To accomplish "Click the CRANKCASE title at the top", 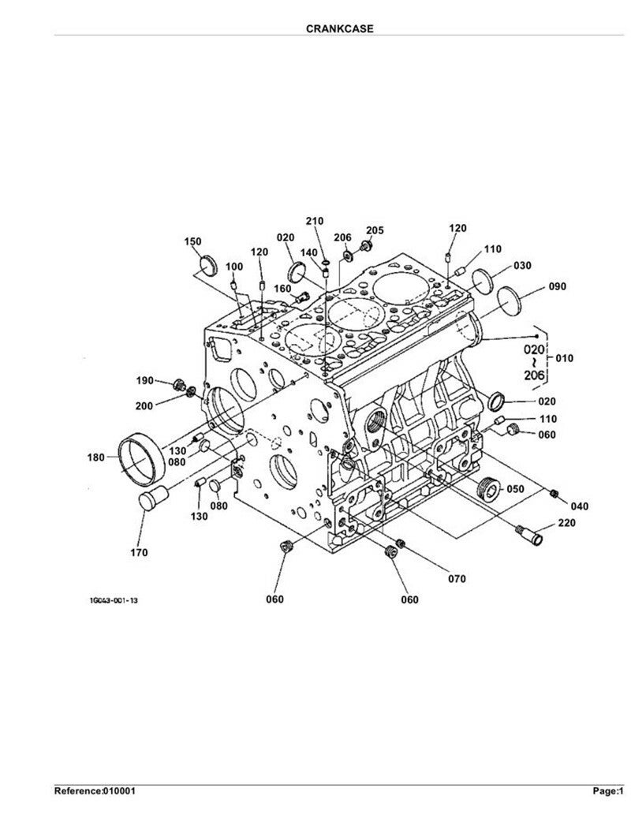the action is (339, 28).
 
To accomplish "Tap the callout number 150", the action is (192, 241).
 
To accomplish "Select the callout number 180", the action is (96, 457).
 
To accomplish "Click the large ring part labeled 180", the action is (142, 459).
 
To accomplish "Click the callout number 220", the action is (566, 523).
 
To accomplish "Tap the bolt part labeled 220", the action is (530, 535).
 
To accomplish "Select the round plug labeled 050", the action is (488, 489).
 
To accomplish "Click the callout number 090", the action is (558, 286).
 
